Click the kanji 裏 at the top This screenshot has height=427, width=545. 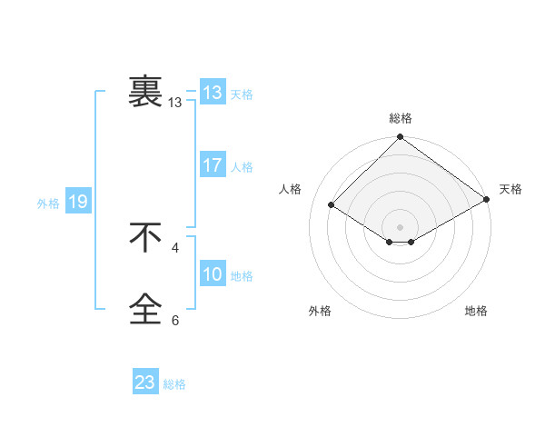tap(145, 92)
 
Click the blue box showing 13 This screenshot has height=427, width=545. tap(213, 93)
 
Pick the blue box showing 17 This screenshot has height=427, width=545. tap(213, 165)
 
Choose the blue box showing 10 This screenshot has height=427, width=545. tap(213, 274)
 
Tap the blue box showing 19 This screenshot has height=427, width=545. tap(78, 202)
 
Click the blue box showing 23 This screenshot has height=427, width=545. tap(145, 382)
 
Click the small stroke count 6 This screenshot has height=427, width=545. tap(175, 321)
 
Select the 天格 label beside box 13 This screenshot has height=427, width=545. tap(242, 94)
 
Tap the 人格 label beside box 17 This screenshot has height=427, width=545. tap(242, 167)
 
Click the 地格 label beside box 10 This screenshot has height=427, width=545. tap(242, 276)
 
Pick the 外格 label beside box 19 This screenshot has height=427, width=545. tap(48, 204)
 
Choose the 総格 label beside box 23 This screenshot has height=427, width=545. tap(174, 384)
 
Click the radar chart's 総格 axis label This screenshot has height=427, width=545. tap(401, 118)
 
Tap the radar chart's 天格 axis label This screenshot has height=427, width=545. tap(510, 189)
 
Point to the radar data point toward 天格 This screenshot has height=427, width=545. tap(488, 200)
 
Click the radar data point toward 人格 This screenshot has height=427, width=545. tap(332, 205)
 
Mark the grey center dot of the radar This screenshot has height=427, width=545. tap(401, 226)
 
